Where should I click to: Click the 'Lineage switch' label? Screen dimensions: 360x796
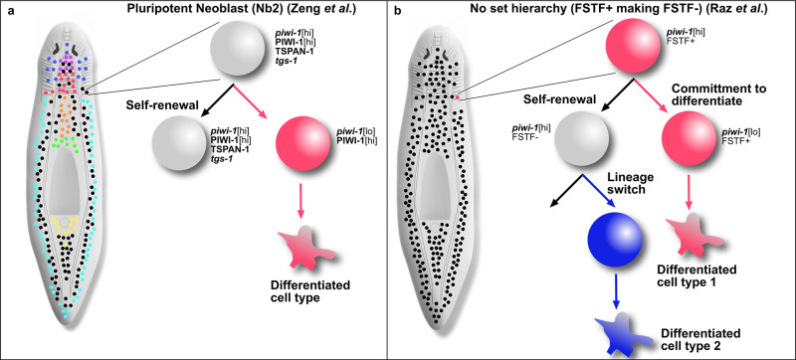tap(601, 185)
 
